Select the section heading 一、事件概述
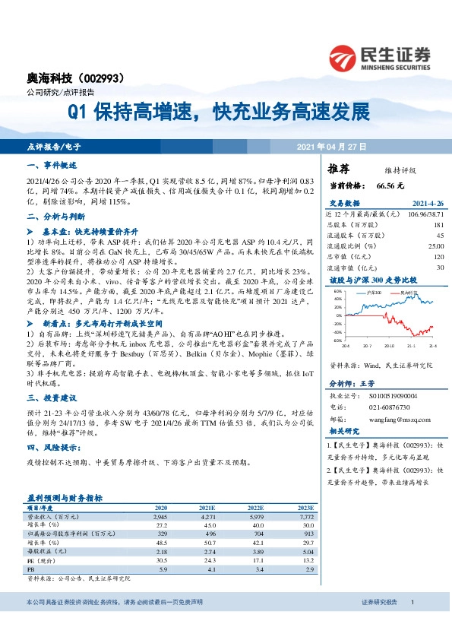point(52,165)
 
